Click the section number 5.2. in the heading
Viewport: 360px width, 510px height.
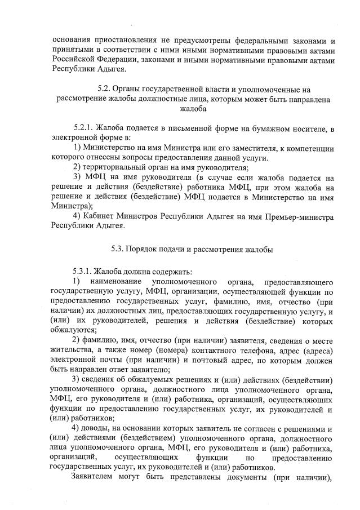104,89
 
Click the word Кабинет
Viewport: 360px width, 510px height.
99,216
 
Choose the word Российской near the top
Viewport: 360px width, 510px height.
73,60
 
